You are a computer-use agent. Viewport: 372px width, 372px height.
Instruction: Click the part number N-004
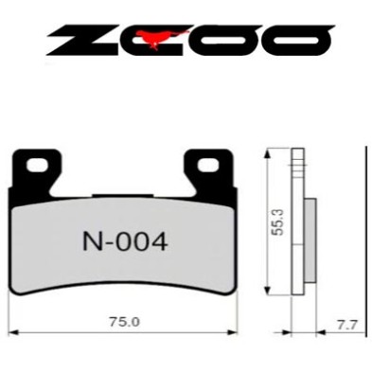pos(120,241)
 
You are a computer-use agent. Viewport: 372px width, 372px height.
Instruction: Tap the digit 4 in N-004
pos(159,241)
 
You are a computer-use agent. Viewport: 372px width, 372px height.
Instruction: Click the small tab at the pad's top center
pos(124,198)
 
